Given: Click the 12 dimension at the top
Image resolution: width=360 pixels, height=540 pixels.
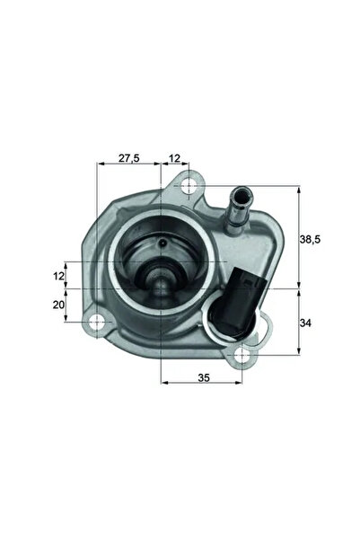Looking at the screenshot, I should pyautogui.click(x=174, y=158).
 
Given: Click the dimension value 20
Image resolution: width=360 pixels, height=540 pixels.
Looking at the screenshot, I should pyautogui.click(x=59, y=305).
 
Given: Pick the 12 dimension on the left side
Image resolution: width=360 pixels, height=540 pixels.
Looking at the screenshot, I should pyautogui.click(x=59, y=274).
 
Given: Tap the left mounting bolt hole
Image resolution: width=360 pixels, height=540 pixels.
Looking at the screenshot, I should pyautogui.click(x=94, y=321).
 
